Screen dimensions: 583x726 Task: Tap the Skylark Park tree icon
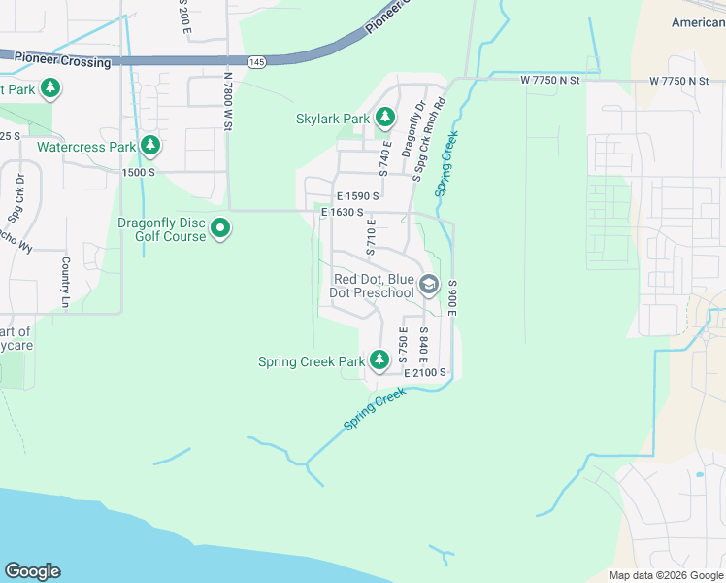tap(385, 119)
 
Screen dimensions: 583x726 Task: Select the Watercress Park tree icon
tap(149, 147)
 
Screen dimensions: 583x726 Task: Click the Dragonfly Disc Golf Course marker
tap(220, 229)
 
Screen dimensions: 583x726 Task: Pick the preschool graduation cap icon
tap(429, 286)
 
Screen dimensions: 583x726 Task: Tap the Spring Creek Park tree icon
tap(379, 361)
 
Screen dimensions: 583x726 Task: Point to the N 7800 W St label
tap(229, 105)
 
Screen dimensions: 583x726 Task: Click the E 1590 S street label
tap(357, 196)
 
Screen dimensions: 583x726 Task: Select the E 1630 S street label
tap(342, 212)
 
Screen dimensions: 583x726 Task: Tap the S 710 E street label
tap(370, 239)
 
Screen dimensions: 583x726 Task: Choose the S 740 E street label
tap(385, 157)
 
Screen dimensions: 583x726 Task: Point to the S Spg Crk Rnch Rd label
tap(428, 138)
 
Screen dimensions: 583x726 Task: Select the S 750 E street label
tap(403, 347)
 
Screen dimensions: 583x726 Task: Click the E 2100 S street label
tap(425, 372)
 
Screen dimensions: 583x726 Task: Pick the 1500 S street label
tap(139, 172)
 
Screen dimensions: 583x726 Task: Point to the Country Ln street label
tap(66, 277)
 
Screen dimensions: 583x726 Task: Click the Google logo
tap(32, 571)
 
